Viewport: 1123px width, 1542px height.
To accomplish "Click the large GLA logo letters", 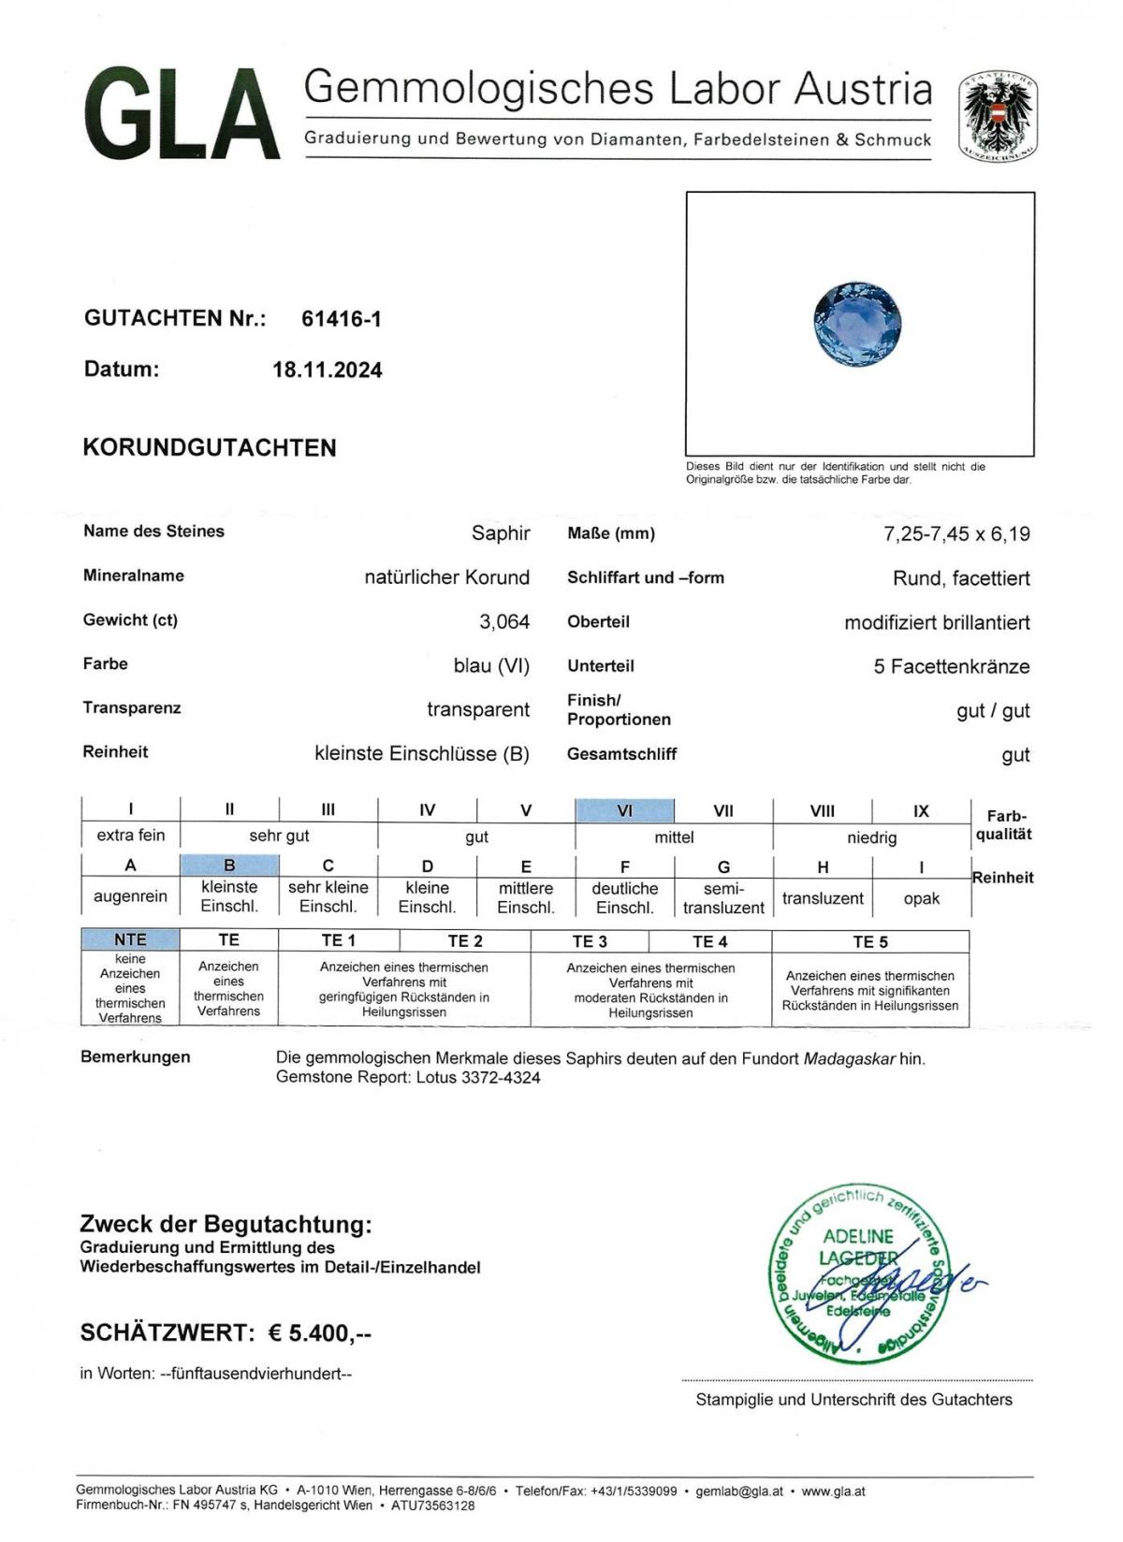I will pos(182,114).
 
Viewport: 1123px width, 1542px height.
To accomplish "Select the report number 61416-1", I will pos(341,319).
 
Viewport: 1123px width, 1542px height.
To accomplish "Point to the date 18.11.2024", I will pos(327,370).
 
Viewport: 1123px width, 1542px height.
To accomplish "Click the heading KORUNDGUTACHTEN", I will pos(210,447).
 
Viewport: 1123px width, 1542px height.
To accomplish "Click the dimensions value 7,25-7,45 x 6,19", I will pos(956,534).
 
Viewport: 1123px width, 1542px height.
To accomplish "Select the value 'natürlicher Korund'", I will pos(446,577).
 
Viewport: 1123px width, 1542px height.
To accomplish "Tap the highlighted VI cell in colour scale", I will pos(624,810).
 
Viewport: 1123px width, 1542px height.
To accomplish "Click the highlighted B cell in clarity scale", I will pos(229,866).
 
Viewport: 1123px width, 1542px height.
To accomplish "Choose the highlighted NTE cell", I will pos(130,939).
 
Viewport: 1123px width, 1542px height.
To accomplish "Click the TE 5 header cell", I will pos(869,941).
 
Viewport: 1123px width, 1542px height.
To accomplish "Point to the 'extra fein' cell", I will pos(130,836).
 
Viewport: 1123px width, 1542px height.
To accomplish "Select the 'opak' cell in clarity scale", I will pos(921,898).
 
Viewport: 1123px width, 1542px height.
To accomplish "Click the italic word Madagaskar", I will pos(849,1059).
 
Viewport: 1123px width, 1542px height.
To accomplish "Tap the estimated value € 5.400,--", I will pos(319,1332).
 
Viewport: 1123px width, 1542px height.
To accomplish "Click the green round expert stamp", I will pos(856,1275).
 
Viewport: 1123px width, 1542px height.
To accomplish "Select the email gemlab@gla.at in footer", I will pos(739,1491).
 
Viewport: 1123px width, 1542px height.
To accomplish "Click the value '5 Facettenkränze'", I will pos(951,667).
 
